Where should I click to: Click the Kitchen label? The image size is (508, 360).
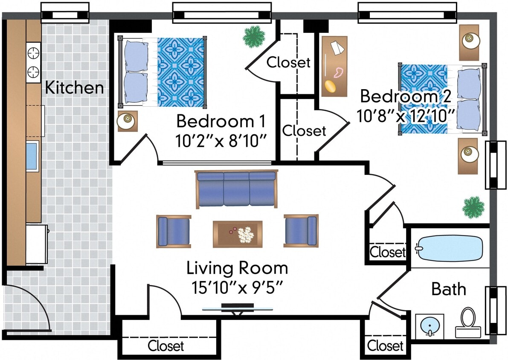pyautogui.click(x=75, y=88)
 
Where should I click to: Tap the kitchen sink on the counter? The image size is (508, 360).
pyautogui.click(x=32, y=156)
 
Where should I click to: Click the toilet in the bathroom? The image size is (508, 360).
pyautogui.click(x=468, y=323)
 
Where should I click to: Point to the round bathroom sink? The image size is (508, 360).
pyautogui.click(x=429, y=327)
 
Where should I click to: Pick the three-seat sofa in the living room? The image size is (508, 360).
pyautogui.click(x=236, y=189)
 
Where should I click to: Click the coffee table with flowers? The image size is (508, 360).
pyautogui.click(x=238, y=233)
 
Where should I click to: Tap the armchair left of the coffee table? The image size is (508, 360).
pyautogui.click(x=174, y=231)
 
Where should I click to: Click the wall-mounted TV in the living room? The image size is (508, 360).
pyautogui.click(x=238, y=307)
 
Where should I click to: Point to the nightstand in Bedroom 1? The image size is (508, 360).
pyautogui.click(x=127, y=121)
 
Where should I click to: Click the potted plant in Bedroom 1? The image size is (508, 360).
pyautogui.click(x=254, y=37)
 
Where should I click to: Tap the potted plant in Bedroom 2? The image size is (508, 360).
pyautogui.click(x=473, y=207)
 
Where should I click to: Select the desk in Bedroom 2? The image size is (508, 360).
pyautogui.click(x=334, y=66)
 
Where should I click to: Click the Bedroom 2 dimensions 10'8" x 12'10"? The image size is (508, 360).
pyautogui.click(x=405, y=115)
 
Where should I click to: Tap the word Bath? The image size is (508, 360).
pyautogui.click(x=449, y=289)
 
